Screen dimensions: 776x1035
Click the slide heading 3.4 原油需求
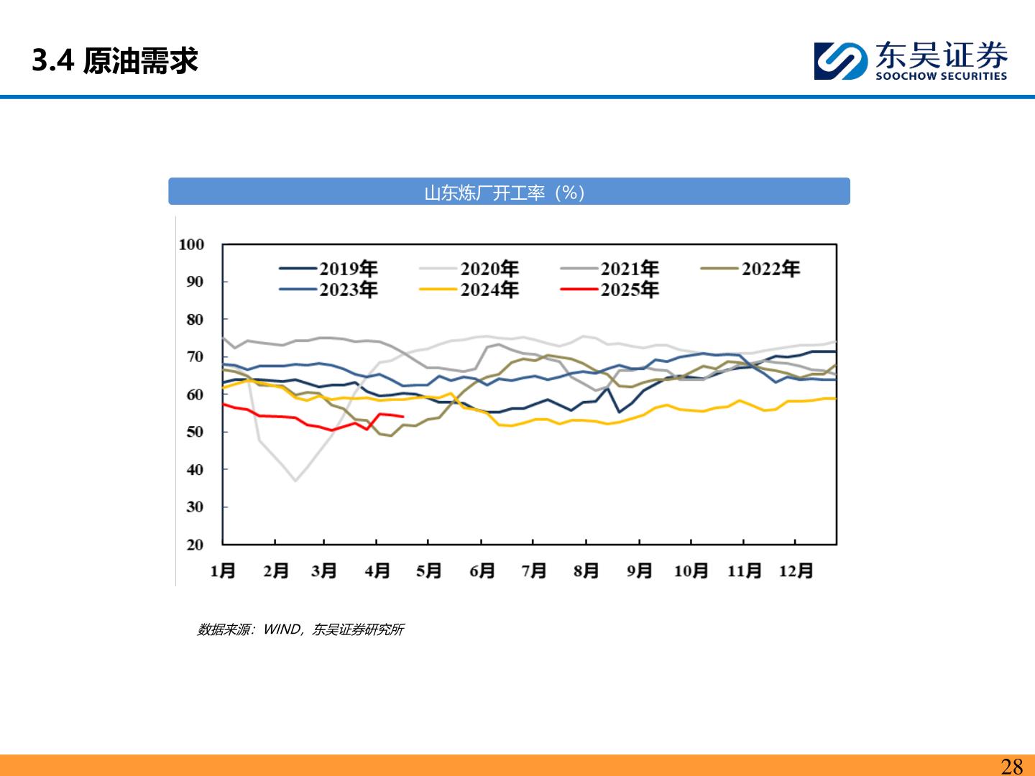[x=115, y=61]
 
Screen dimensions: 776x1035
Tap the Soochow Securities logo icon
[x=839, y=61]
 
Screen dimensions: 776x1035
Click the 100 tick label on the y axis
[x=191, y=244]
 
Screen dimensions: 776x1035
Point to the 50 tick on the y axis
[x=195, y=432]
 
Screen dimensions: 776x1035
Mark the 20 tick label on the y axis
[x=195, y=545]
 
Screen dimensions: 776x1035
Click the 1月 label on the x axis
[x=223, y=571]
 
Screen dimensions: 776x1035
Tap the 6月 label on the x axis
[x=482, y=571]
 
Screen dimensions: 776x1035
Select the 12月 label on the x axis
[x=796, y=571]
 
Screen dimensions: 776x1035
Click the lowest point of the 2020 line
[x=295, y=481]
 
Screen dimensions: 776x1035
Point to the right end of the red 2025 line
[x=403, y=417]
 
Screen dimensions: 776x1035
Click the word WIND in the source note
[x=282, y=629]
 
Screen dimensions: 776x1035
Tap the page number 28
[x=1011, y=766]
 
